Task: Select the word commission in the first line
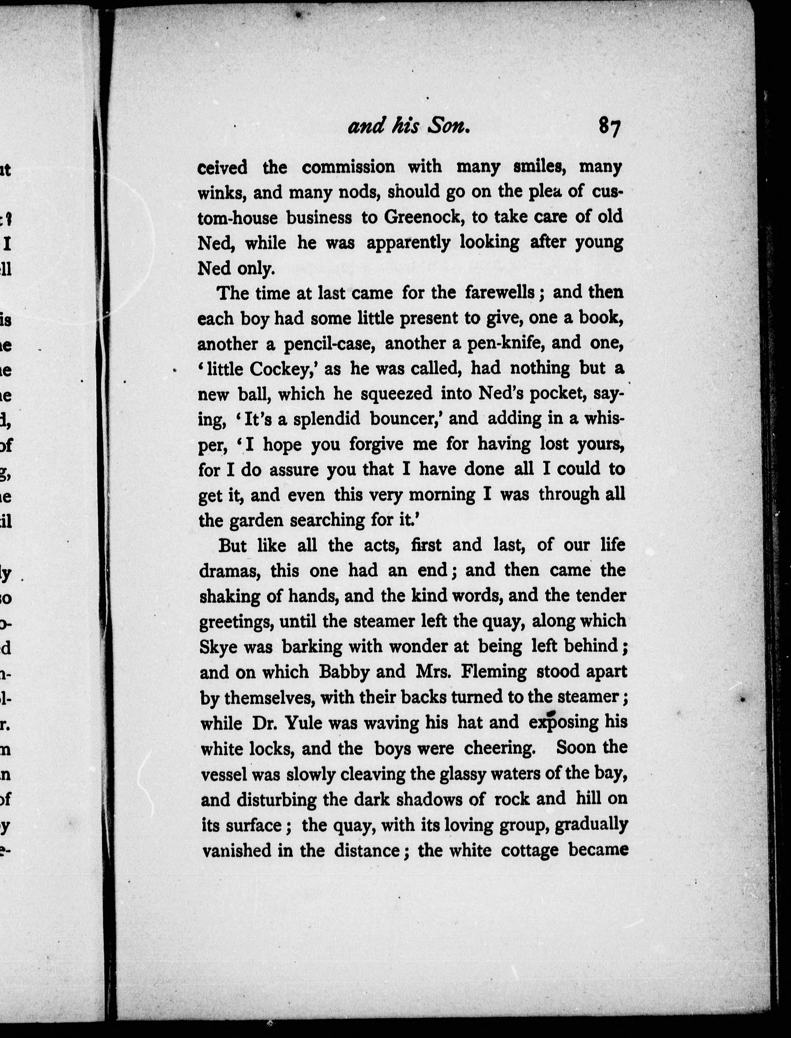click(x=348, y=167)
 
